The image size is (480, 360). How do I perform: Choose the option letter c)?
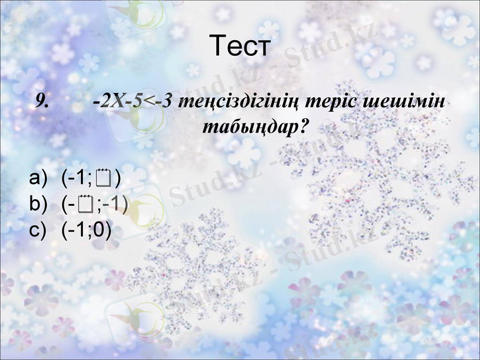coord(38,230)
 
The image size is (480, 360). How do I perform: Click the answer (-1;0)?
coord(86,230)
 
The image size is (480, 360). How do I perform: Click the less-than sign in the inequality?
coord(150,101)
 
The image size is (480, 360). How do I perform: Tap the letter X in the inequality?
coord(117,101)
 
